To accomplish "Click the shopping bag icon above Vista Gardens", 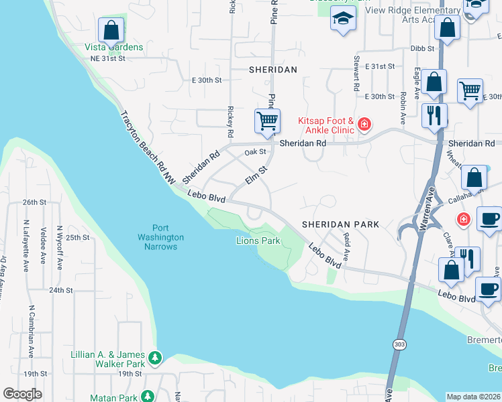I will pos(111,31).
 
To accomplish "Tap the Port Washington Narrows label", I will pos(160,237).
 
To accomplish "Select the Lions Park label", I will pos(258,241).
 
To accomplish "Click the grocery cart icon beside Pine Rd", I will pos(267,121).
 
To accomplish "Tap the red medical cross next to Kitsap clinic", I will pos(364,124).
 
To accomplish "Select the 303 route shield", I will pos(398,344).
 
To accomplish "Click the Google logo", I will pos(22,394).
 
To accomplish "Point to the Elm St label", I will pos(256,178).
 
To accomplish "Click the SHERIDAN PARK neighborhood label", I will pos(340,224).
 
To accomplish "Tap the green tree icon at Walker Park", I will pos(156,358).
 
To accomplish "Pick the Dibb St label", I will pos(423,48).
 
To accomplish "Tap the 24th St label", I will pos(60,290).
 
